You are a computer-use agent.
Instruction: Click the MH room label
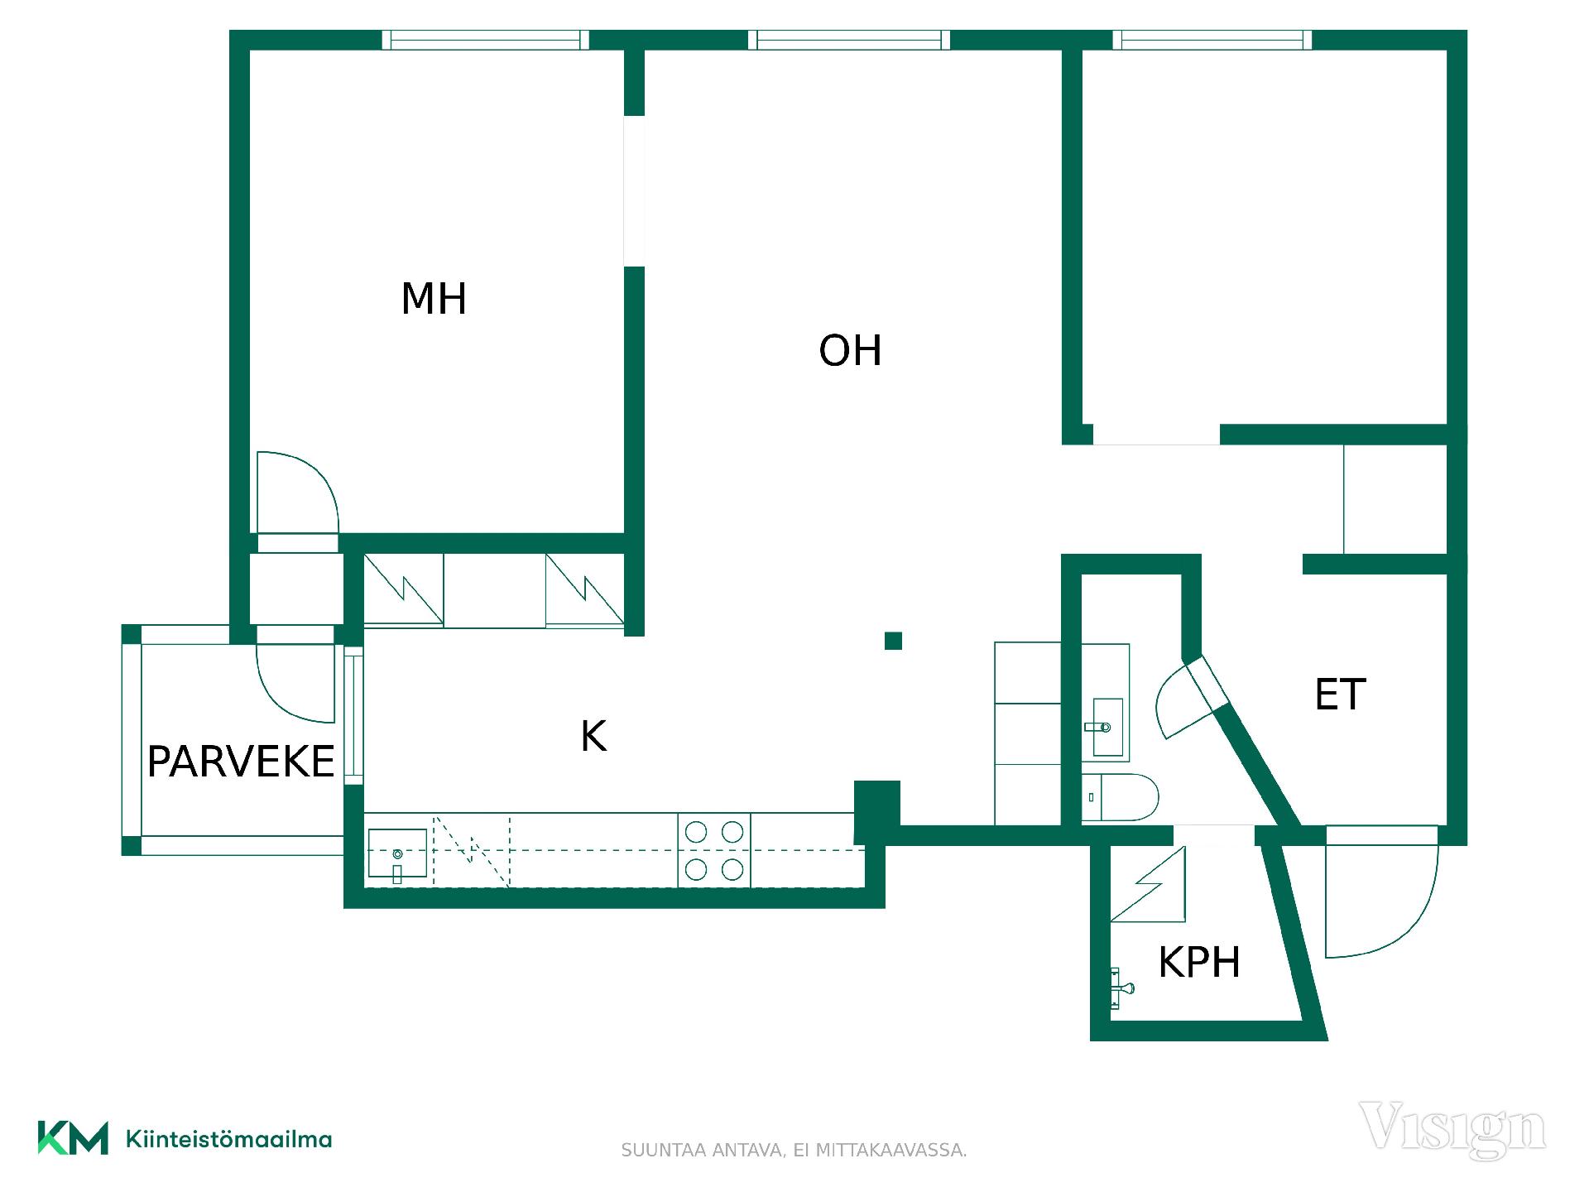click(x=434, y=299)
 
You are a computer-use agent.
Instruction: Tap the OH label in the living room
click(x=850, y=351)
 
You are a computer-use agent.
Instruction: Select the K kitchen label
click(x=593, y=736)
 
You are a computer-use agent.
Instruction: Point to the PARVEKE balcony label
click(x=241, y=762)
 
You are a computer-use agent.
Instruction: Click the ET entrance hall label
click(x=1340, y=695)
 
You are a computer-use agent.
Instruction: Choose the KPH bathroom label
click(x=1199, y=962)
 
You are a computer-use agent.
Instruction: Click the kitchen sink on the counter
click(x=397, y=853)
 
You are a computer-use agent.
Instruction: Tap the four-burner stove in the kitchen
click(x=714, y=850)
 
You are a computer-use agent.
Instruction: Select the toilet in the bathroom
click(x=1120, y=798)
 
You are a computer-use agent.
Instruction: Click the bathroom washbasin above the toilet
click(x=1106, y=727)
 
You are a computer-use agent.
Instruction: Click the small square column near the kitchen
click(x=893, y=641)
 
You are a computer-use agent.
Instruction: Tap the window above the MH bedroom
click(x=486, y=40)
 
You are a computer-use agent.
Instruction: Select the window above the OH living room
click(x=849, y=40)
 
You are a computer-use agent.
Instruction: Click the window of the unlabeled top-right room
click(x=1212, y=40)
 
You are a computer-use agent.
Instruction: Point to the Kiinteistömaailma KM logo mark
click(x=73, y=1137)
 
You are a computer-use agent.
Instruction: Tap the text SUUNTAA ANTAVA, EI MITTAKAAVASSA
click(x=794, y=1151)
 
